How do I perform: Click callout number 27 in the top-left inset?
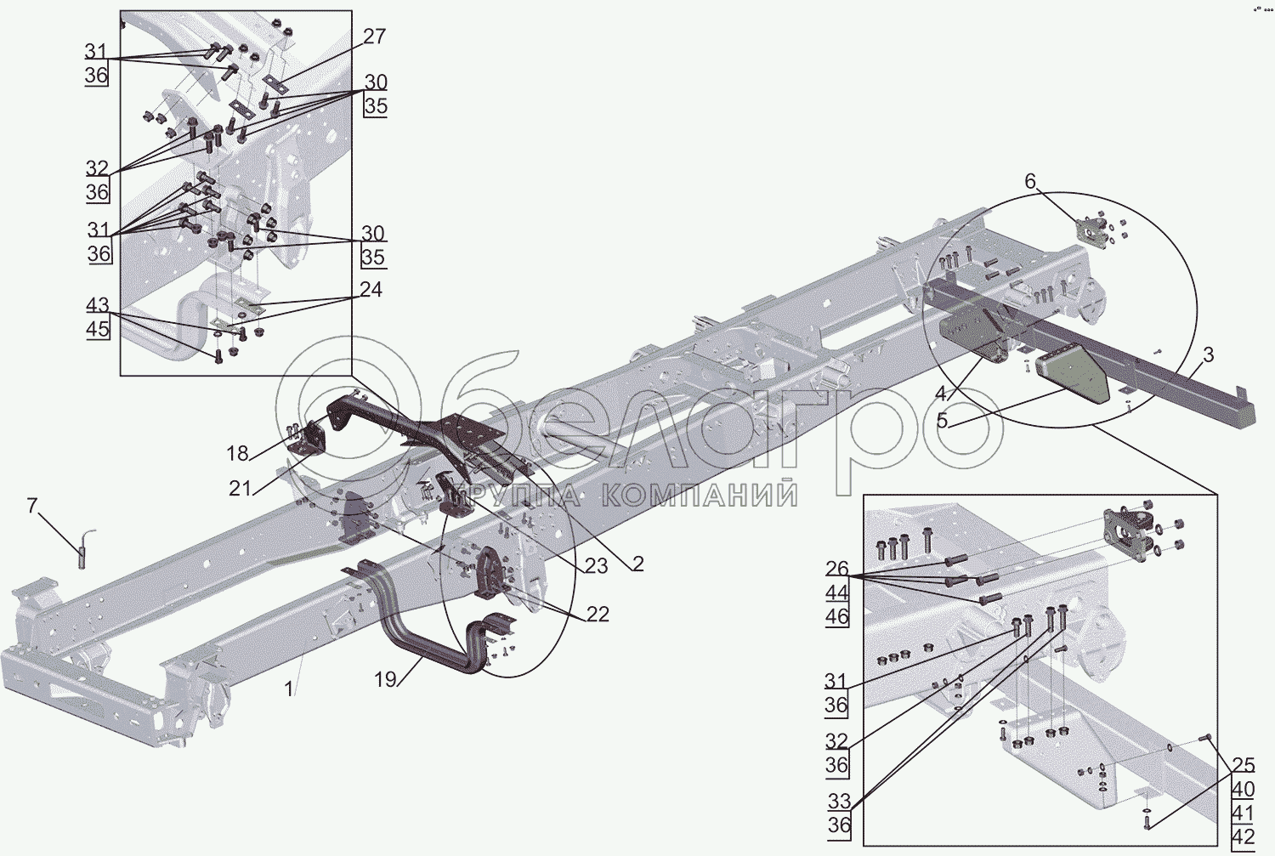[x=374, y=37]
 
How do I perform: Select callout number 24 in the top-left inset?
[x=371, y=290]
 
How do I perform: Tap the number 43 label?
[x=98, y=305]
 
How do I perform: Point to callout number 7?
[x=32, y=507]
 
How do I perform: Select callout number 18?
[x=237, y=453]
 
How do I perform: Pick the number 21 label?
[x=241, y=488]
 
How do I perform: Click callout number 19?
[x=385, y=679]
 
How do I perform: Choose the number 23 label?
[x=596, y=565]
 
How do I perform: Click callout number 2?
[x=637, y=564]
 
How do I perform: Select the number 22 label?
[x=598, y=614]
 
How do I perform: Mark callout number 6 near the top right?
[x=1030, y=181]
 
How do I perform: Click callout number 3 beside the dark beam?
[x=1208, y=354]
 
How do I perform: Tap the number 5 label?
[x=942, y=420]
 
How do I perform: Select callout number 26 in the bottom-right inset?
[x=836, y=569]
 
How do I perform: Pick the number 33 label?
[x=839, y=802]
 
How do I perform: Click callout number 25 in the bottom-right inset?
[x=1243, y=764]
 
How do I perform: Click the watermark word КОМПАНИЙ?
[x=700, y=495]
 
